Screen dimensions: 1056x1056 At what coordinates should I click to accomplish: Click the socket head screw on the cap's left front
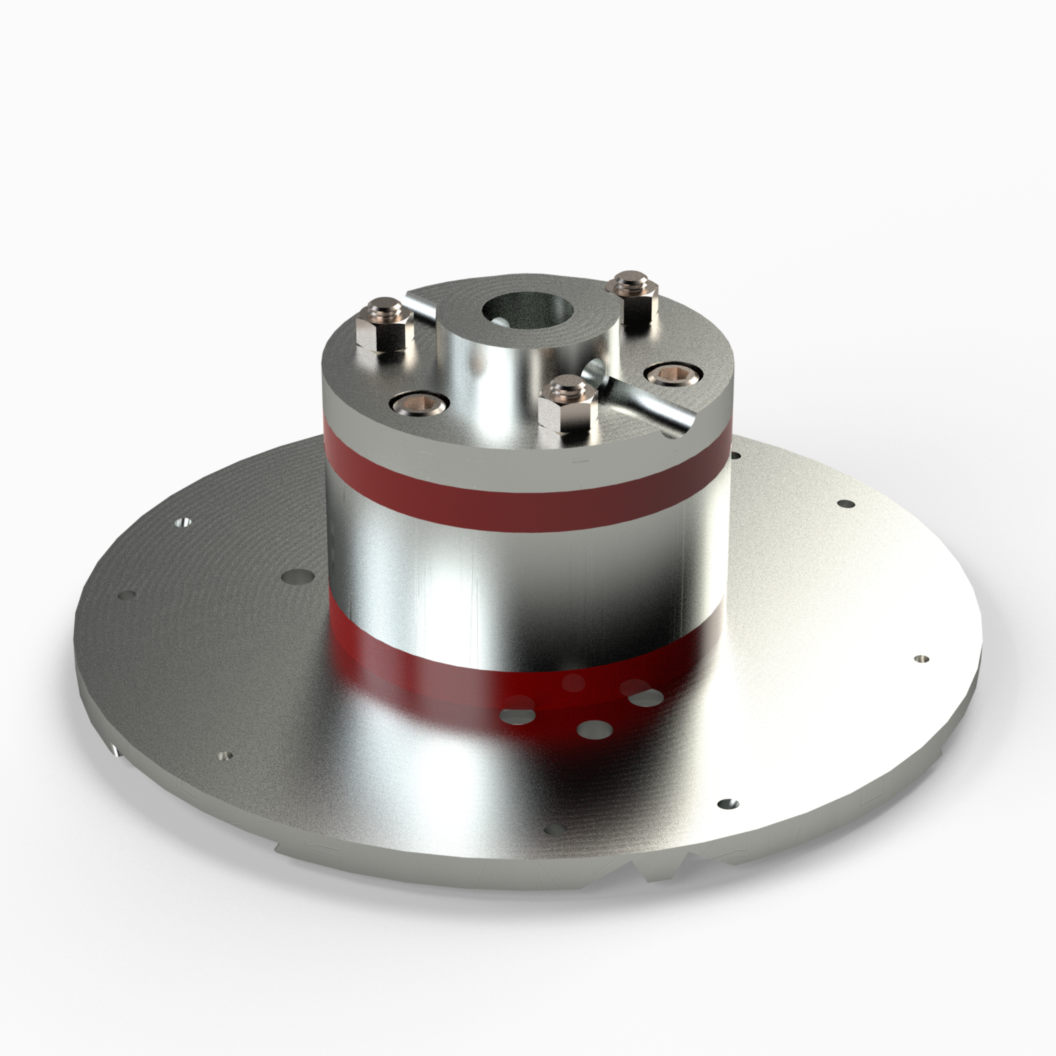(419, 404)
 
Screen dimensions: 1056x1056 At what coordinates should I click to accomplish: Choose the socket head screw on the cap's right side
(672, 373)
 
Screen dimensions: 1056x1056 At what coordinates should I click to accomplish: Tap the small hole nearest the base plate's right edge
(918, 659)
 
